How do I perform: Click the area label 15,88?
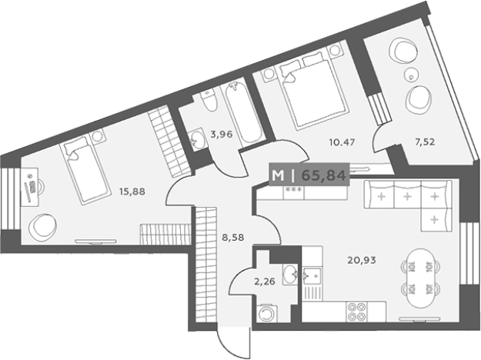point(132,192)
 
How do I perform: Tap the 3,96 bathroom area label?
point(222,134)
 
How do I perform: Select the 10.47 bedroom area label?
point(342,142)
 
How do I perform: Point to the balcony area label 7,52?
point(425,142)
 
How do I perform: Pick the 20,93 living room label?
point(362,260)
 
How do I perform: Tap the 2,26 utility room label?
point(265,282)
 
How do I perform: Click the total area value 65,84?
point(324,175)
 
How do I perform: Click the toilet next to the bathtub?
point(209,100)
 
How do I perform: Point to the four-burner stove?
point(356,312)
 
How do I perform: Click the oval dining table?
point(420,278)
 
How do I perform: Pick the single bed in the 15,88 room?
point(85,171)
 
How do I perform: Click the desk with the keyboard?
point(30,187)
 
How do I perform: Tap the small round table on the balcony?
point(410,73)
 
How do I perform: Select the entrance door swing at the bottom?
point(233,343)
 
